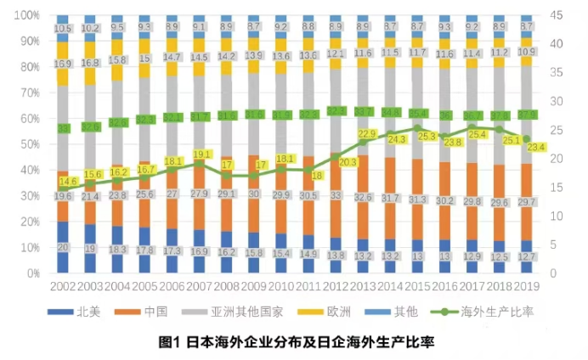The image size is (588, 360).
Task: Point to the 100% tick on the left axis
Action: click(28, 15)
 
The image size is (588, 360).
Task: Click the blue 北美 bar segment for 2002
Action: click(63, 247)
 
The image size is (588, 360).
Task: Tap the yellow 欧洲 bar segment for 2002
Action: click(63, 64)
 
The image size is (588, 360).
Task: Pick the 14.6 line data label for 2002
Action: click(69, 182)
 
